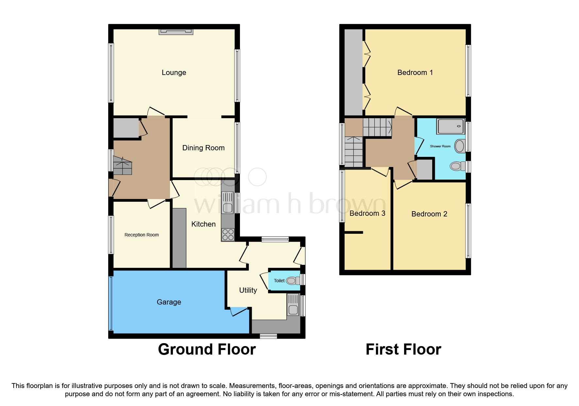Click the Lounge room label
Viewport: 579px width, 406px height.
[174, 73]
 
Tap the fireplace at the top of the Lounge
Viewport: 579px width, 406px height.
[176, 31]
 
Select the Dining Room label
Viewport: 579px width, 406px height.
[203, 148]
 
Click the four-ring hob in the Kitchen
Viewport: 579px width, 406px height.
[228, 235]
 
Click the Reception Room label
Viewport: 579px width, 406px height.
[142, 235]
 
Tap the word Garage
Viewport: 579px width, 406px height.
[169, 302]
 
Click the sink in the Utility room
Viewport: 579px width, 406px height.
[293, 305]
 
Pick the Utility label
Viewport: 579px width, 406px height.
[248, 290]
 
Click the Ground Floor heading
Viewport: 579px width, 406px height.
[207, 349]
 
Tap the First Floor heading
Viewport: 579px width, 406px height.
[403, 349]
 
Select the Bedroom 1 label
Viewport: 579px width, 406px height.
[415, 73]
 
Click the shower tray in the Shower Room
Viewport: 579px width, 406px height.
[451, 126]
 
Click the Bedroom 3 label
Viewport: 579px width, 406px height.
[367, 213]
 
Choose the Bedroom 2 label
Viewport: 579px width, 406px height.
[429, 214]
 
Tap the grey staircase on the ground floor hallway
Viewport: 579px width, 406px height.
[122, 166]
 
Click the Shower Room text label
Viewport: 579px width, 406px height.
[440, 146]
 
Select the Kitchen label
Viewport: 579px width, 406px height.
[203, 224]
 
